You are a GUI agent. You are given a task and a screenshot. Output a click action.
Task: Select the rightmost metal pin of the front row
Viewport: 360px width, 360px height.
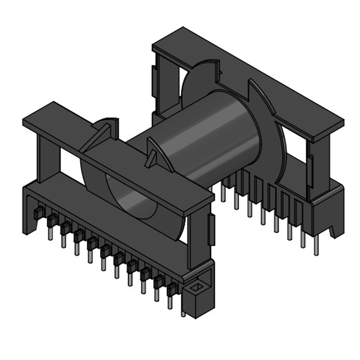tap(170, 302)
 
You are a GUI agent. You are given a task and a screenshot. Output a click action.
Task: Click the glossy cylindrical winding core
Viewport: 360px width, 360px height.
tap(211, 135)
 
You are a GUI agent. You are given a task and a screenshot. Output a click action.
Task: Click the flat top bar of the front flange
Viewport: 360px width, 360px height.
tap(117, 148)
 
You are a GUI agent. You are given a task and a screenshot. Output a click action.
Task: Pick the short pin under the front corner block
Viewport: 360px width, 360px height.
tap(184, 312)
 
